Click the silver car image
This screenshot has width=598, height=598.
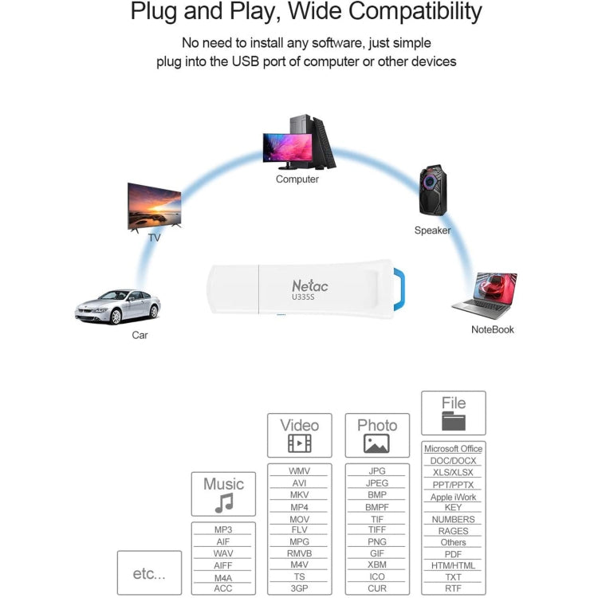pos(118,307)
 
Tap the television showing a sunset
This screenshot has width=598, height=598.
pos(154,207)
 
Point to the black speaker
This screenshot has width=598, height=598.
pos(433,191)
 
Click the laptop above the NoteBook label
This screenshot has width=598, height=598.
pos(485,295)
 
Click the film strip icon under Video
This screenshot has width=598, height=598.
pos(299,444)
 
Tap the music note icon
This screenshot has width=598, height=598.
pos(224,502)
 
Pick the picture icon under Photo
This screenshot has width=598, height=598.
pos(376,444)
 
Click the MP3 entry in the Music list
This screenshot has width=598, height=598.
pos(223,530)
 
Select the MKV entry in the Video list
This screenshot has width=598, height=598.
pos(299,495)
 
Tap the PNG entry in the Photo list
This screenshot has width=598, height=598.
pos(376,542)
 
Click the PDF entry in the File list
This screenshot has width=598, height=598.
pos(453,554)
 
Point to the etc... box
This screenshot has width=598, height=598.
pos(149,572)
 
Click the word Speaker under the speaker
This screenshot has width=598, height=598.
pos(432,230)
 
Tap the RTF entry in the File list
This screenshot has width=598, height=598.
pos(453,588)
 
